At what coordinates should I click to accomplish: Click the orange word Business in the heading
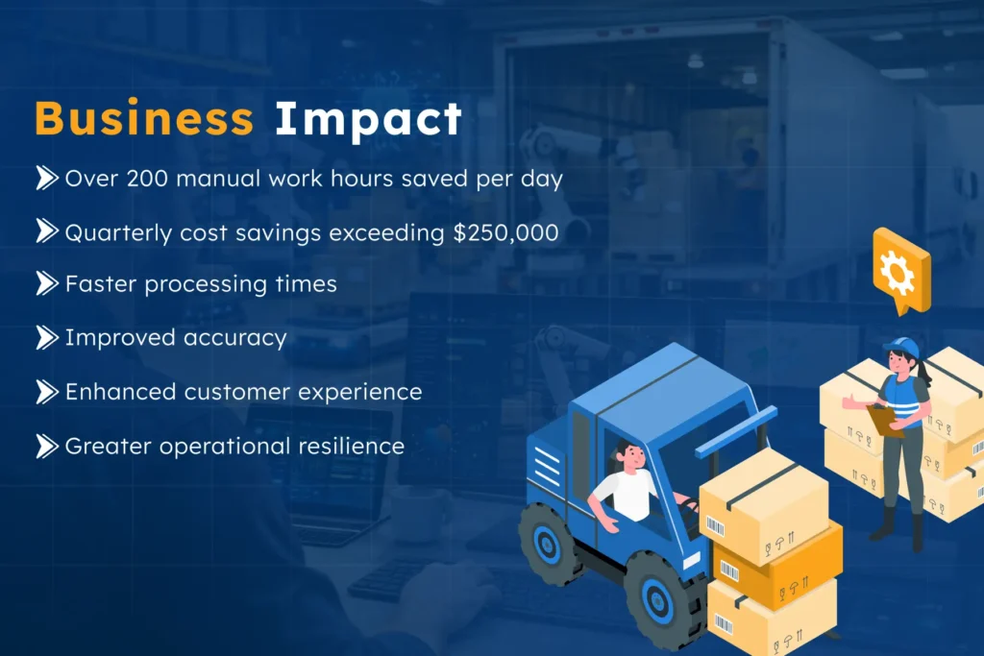(144, 119)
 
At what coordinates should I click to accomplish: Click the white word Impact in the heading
(368, 119)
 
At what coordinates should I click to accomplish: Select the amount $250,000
(506, 232)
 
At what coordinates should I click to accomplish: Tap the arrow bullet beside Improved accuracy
(47, 337)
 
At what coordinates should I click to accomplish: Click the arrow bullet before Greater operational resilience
(47, 446)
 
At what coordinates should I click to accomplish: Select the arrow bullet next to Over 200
(47, 178)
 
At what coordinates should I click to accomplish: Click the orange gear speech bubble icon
(900, 270)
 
